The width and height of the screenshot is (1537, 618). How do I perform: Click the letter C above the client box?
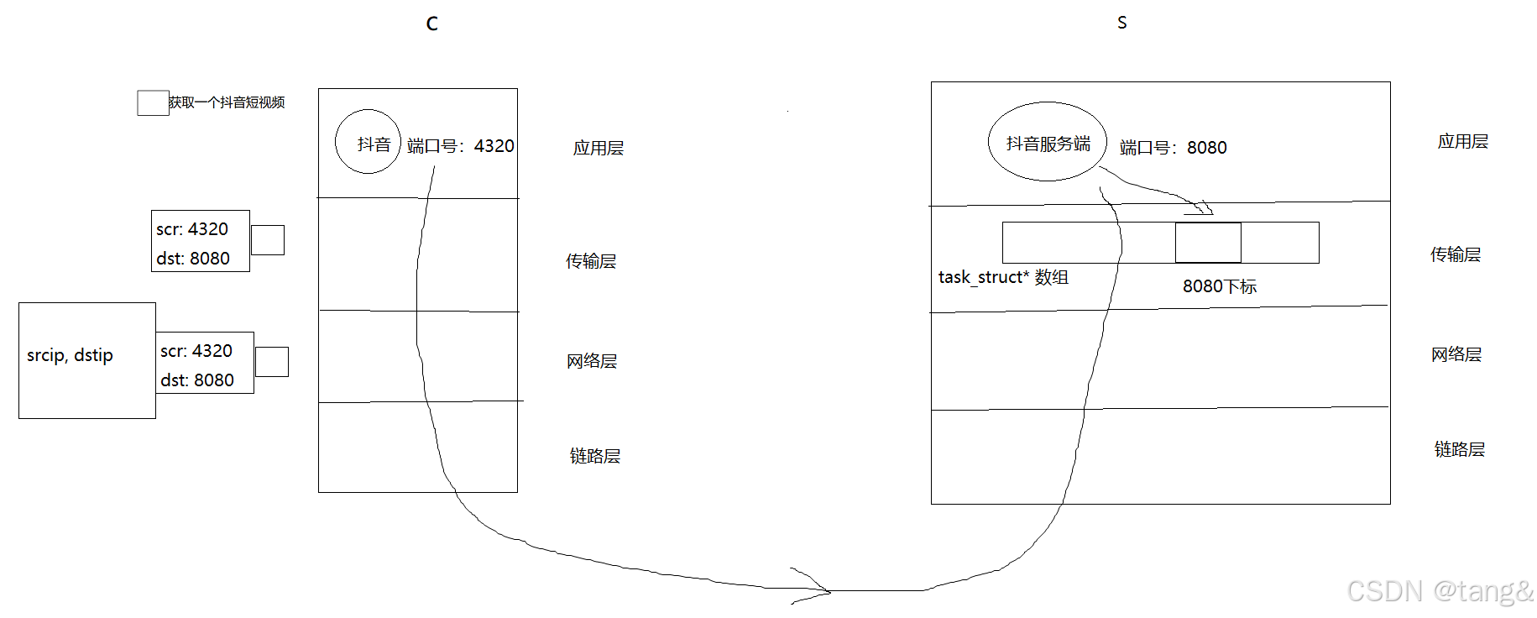[431, 24]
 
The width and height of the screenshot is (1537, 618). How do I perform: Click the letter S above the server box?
[1121, 23]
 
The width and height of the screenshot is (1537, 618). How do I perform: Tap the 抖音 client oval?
[368, 142]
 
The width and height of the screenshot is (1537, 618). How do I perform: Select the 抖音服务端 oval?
[1048, 142]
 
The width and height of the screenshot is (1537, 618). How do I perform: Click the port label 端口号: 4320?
[460, 146]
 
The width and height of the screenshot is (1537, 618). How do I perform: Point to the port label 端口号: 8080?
[1173, 148]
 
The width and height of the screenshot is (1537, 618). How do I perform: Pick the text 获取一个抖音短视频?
[227, 102]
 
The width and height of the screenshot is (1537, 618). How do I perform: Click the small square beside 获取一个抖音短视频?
[153, 102]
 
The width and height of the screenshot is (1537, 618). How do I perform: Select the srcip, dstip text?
[70, 355]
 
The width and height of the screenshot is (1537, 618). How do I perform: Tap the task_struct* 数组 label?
[1003, 277]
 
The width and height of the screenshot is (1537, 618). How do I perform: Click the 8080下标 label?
[1219, 286]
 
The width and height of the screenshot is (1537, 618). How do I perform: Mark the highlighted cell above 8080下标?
[1208, 243]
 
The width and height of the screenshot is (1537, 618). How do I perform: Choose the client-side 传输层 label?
[591, 261]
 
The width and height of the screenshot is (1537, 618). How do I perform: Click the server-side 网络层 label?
[1456, 354]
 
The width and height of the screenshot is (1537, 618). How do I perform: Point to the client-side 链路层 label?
[594, 456]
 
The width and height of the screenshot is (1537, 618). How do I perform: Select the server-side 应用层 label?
[1462, 141]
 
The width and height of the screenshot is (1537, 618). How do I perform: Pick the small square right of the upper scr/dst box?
[268, 240]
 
